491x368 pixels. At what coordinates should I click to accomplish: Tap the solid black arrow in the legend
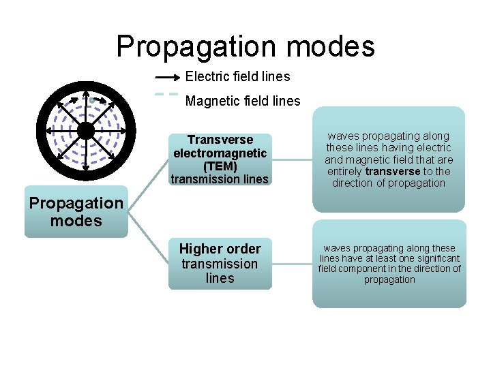pos(168,77)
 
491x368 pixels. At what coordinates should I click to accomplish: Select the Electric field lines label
pos(237,76)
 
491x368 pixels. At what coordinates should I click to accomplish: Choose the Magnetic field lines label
pos(243,101)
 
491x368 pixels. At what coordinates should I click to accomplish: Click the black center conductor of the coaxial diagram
pos(86,129)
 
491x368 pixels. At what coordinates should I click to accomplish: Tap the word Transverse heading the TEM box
pos(220,140)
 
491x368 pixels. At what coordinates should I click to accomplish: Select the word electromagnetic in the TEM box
pos(220,153)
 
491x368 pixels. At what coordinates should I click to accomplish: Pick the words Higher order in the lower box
pos(220,249)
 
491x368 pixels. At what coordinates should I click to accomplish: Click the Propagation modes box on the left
pos(76,212)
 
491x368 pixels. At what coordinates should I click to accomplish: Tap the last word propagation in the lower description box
pos(389,279)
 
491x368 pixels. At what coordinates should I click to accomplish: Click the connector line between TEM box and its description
pos(292,160)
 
